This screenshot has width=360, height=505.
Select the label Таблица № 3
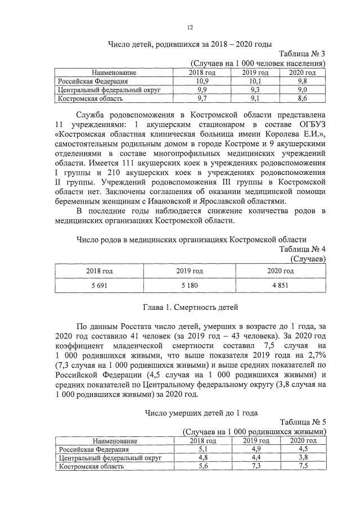pyautogui.click(x=302, y=54)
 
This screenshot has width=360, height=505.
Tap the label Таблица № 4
pyautogui.click(x=302, y=249)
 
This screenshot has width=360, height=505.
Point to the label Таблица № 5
pyautogui.click(x=302, y=422)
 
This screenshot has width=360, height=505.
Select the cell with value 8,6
pyautogui.click(x=302, y=98)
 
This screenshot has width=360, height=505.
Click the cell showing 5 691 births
pyautogui.click(x=99, y=285)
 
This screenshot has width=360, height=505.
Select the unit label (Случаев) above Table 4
pyautogui.click(x=308, y=258)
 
